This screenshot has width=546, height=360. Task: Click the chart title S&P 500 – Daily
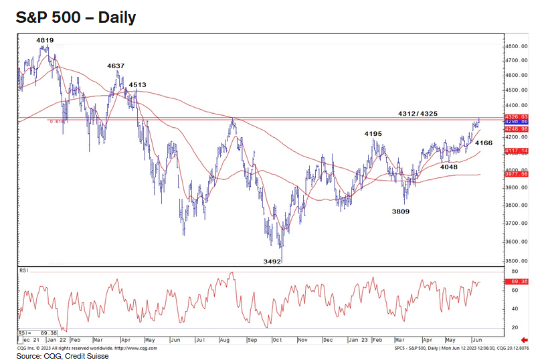(x=76, y=17)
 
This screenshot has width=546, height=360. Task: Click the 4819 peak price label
(x=45, y=41)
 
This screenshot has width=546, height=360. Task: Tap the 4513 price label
(x=137, y=85)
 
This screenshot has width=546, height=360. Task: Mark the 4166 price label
(x=483, y=143)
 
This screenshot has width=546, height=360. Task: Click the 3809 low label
(x=401, y=211)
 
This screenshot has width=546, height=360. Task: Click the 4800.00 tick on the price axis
(x=517, y=46)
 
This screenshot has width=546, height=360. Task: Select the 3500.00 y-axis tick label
(x=517, y=261)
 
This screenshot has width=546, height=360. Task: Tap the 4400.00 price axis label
(x=517, y=106)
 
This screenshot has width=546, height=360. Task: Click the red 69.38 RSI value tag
(x=519, y=282)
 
